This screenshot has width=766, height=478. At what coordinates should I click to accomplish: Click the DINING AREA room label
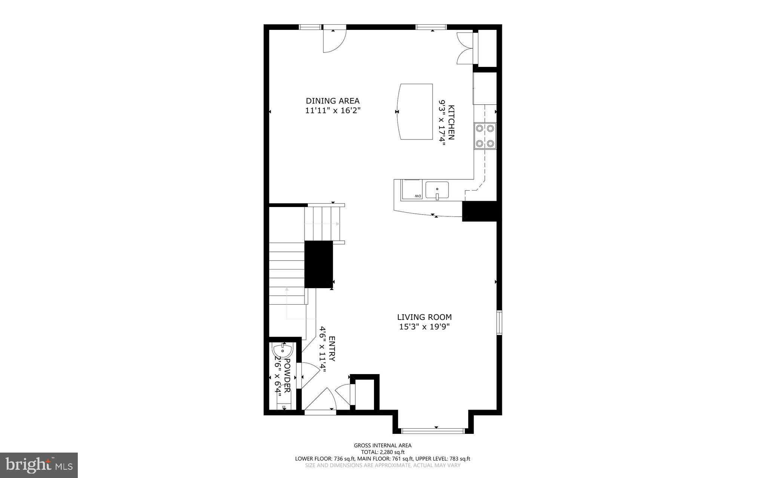click(x=333, y=101)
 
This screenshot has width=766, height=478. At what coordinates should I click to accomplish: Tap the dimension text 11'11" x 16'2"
click(x=333, y=111)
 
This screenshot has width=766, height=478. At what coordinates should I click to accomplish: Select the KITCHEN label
click(x=451, y=123)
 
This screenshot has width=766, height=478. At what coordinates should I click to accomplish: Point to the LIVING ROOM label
click(x=424, y=317)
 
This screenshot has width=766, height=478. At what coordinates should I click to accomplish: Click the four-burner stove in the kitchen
click(x=485, y=136)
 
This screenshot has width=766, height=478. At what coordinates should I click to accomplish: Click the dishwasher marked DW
click(x=411, y=189)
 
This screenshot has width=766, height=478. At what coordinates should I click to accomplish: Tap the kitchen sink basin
click(x=437, y=190)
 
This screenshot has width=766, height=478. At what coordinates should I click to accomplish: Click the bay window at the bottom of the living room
click(x=433, y=431)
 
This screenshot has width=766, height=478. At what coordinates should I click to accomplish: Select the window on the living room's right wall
click(x=499, y=322)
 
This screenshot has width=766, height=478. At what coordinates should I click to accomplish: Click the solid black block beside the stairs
click(x=318, y=264)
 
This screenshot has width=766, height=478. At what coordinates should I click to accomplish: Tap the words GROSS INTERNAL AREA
click(x=383, y=445)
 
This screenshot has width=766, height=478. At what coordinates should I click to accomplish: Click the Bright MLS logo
click(x=39, y=465)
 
